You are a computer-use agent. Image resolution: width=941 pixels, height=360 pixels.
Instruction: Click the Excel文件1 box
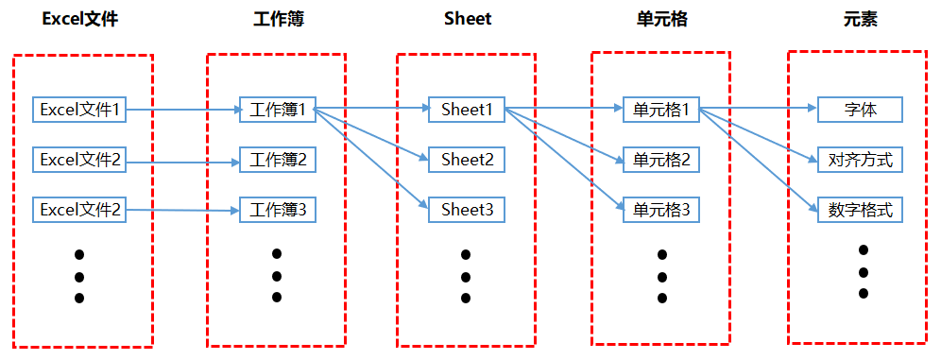79,110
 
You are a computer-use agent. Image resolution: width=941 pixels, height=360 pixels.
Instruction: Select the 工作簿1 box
278,110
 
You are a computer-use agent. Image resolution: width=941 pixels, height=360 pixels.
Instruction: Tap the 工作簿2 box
278,160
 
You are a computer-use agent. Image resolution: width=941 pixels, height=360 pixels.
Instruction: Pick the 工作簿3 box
278,209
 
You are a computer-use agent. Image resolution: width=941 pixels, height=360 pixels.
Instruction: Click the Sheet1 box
467,110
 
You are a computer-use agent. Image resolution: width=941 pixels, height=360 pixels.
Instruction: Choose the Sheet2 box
467,160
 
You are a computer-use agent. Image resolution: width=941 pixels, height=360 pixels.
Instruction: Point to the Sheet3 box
467,209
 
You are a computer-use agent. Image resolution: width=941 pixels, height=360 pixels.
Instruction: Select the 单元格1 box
661,110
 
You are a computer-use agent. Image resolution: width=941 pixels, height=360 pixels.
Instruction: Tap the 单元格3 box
661,209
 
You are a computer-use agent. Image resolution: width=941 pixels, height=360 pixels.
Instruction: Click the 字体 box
860,110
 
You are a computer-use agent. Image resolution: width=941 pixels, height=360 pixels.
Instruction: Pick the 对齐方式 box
860,160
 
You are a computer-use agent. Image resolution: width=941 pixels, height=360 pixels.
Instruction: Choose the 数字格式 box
860,209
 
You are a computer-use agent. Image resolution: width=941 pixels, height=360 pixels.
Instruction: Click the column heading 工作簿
278,19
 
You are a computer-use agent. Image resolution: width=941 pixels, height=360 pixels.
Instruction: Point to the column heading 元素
860,19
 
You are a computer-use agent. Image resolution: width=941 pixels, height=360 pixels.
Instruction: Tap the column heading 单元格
661,19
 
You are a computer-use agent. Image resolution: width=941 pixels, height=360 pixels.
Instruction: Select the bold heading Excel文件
80,19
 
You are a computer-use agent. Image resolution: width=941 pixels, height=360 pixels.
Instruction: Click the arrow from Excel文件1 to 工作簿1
184,110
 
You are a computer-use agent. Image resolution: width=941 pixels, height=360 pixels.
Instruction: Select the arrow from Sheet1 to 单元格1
564,109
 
